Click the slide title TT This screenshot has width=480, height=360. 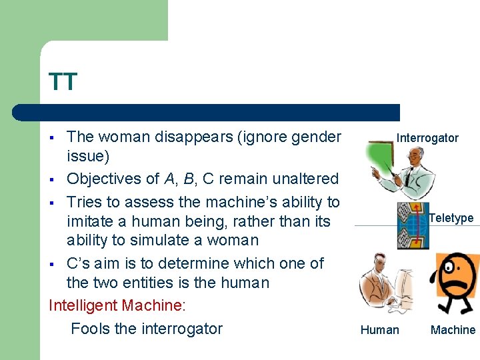pyautogui.click(x=63, y=82)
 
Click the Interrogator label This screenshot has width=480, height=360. pyautogui.click(x=427, y=138)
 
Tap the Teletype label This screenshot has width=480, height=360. pyautogui.click(x=451, y=218)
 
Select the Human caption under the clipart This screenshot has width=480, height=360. pyautogui.click(x=379, y=329)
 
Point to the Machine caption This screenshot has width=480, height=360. pyautogui.click(x=453, y=329)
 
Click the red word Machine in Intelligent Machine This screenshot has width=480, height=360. pyautogui.click(x=151, y=305)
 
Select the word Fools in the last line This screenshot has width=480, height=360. pyautogui.click(x=91, y=328)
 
